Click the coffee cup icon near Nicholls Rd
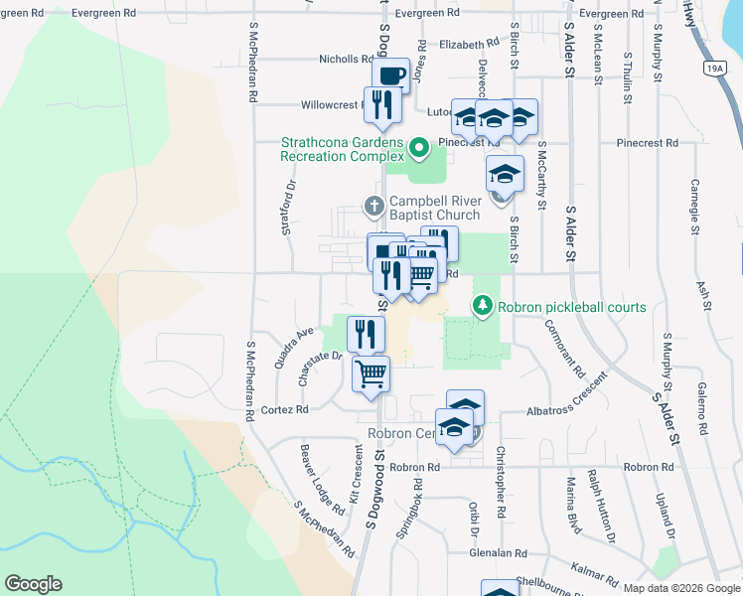point(391,74)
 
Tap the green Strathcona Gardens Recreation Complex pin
point(419,150)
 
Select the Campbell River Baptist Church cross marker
point(373,207)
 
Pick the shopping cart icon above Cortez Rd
point(371,374)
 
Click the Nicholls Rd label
point(346,60)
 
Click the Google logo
point(33,584)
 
